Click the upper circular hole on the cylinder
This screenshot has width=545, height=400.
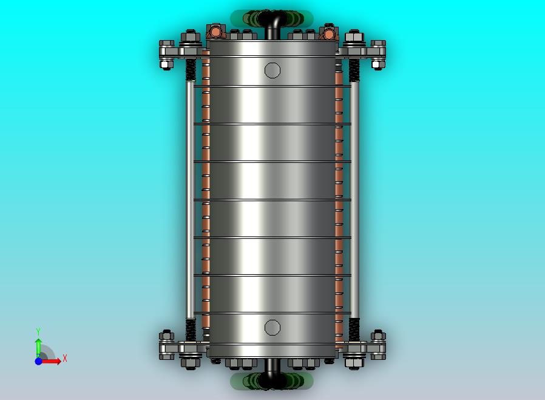pos(272,71)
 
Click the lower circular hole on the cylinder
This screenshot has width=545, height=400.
pos(272,328)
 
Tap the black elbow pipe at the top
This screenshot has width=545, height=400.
pos(273,24)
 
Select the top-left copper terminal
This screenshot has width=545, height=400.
pos(215,32)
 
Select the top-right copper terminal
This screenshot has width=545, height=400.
pos(328,32)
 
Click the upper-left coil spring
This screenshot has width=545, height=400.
pos(191,70)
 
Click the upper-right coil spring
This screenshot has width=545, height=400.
pos(354,70)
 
